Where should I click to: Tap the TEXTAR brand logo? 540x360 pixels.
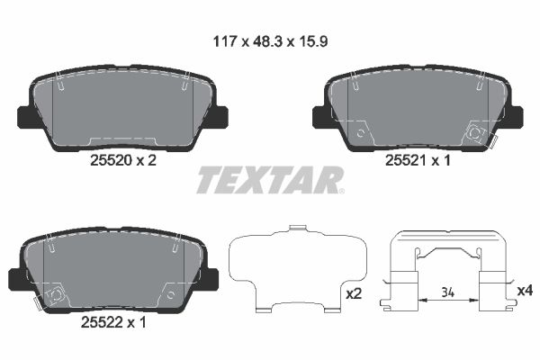tap(270, 179)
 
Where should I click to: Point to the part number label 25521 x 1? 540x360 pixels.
tap(417, 160)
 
